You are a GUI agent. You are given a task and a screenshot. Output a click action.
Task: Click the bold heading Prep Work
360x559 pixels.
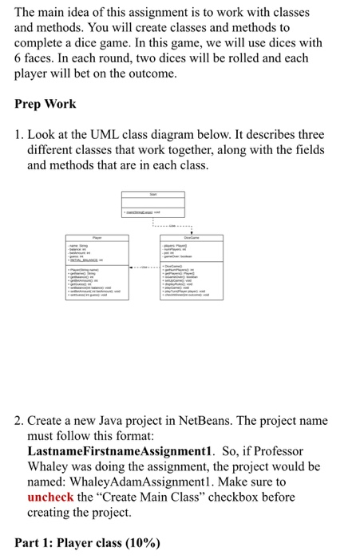(45, 104)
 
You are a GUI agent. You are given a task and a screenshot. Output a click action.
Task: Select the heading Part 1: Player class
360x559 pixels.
(69, 543)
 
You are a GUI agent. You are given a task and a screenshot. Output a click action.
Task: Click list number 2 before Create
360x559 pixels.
(21, 420)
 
